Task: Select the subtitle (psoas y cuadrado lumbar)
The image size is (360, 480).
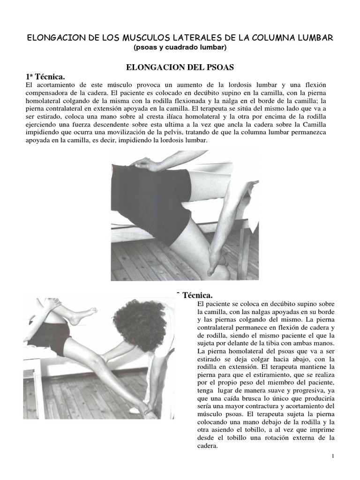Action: (x=180, y=47)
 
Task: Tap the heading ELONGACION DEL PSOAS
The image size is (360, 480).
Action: (x=180, y=67)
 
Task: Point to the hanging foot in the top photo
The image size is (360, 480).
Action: (x=217, y=262)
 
